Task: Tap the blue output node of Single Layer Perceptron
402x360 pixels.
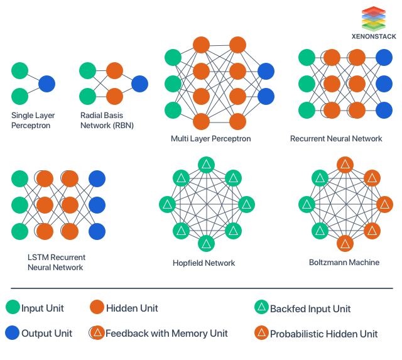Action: pos(46,84)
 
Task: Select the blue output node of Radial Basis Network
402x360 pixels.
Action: pos(139,84)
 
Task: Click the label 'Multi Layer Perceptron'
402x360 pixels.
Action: pos(210,138)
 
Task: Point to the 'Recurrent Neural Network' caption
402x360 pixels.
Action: pos(336,138)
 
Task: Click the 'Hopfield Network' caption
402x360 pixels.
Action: pos(204,263)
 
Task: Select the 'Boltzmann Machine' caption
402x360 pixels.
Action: pos(344,262)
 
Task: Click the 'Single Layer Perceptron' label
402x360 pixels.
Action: pos(31,121)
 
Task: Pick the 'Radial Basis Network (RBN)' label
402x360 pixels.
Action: pos(107,121)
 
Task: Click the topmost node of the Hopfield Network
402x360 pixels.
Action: pos(206,165)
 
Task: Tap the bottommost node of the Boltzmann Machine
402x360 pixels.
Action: pos(344,243)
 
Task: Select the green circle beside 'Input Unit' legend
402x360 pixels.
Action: pos(13,308)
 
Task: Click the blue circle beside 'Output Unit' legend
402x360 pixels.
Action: pos(13,333)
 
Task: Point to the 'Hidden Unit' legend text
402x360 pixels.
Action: pos(132,308)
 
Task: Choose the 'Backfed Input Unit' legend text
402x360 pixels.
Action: pos(310,308)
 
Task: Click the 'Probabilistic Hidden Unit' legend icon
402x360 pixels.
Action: pos(261,333)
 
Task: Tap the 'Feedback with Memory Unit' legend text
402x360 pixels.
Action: pos(166,334)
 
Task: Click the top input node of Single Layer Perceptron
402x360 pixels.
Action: pos(20,70)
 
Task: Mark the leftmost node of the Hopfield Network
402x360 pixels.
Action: pos(167,204)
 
